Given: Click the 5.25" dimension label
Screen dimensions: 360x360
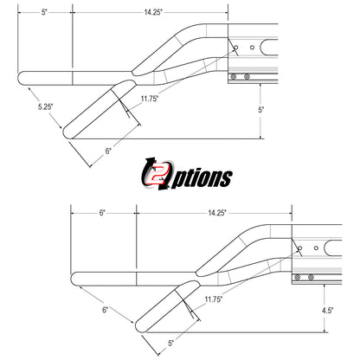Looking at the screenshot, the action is [46, 106].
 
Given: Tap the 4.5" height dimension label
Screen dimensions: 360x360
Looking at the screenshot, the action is [327, 311].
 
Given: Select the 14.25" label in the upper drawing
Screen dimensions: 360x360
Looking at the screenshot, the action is [153, 12].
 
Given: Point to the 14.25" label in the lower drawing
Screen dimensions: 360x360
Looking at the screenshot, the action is [217, 213].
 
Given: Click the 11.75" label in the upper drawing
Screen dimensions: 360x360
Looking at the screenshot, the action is [150, 99].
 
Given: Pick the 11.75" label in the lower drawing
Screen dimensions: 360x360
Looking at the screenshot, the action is [214, 299].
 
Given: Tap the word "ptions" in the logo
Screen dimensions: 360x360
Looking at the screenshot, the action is [202, 179].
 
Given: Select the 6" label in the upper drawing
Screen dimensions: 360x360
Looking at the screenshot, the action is [108, 151].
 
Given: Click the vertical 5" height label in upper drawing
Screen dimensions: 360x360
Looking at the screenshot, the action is [260, 110].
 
